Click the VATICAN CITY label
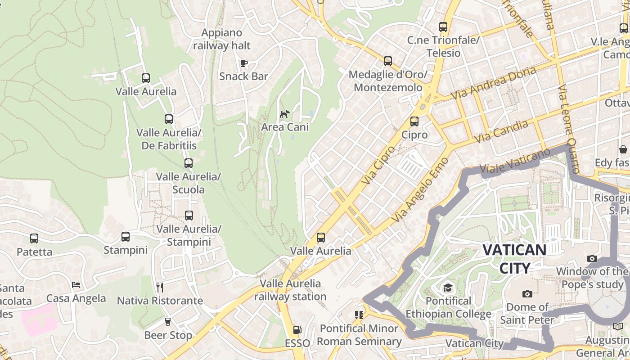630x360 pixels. (514, 259)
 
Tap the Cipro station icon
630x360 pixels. (414, 121)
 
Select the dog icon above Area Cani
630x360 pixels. (284, 114)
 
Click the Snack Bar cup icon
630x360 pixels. (243, 63)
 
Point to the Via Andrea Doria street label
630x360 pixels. (493, 84)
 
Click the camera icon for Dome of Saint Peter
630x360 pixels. (527, 294)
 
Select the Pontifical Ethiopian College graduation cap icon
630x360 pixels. (447, 288)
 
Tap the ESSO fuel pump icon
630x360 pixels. (297, 330)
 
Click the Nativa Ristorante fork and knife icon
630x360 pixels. (159, 287)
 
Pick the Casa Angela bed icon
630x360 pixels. (76, 285)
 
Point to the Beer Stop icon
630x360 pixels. (168, 322)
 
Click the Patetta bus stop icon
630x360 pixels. (34, 238)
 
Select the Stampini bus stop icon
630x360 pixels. (126, 236)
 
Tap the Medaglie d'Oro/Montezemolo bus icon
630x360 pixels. (387, 61)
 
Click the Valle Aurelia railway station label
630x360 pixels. (290, 290)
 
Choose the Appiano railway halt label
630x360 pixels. (222, 39)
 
